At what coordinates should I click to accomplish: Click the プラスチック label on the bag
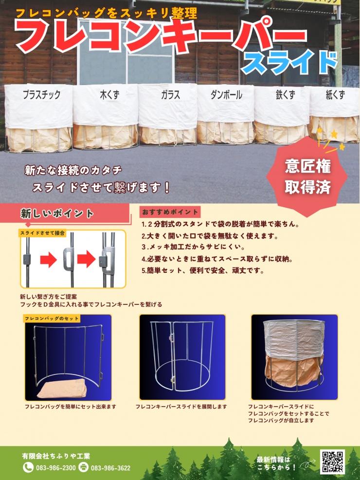tap(42, 95)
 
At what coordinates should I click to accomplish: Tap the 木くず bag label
tap(109, 95)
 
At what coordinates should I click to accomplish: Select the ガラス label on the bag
tap(170, 95)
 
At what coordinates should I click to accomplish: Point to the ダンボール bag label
tap(226, 95)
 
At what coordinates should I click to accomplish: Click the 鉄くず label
tap(285, 95)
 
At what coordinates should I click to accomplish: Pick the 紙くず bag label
tap(335, 95)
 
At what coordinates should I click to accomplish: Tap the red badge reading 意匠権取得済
tap(307, 177)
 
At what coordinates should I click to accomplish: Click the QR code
tap(332, 462)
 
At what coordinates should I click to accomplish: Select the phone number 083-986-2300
tap(56, 468)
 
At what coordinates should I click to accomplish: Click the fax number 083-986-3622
tap(110, 468)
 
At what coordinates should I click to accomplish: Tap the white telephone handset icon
tap(28, 467)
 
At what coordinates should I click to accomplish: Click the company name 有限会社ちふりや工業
tap(56, 456)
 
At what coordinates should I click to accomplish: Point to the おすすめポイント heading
tap(170, 212)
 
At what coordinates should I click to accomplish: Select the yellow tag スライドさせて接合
tap(42, 233)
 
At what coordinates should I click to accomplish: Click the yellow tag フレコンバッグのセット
tap(52, 319)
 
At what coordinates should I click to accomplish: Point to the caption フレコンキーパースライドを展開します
tap(181, 407)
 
